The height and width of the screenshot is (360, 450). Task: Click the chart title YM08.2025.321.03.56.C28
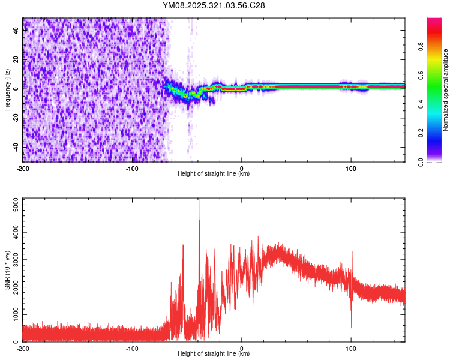pyautogui.click(x=214, y=5)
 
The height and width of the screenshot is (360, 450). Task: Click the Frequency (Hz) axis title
pyautogui.click(x=7, y=90)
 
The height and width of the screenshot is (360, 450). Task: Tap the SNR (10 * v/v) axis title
pyautogui.click(x=7, y=269)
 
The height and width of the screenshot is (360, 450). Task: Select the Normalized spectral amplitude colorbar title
pyautogui.click(x=446, y=90)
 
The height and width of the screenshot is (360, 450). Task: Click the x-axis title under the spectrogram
pyautogui.click(x=214, y=174)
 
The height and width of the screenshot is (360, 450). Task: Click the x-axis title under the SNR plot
pyautogui.click(x=214, y=353)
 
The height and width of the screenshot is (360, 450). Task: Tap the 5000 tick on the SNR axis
pyautogui.click(x=11, y=205)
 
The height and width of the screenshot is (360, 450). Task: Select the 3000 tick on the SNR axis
pyautogui.click(x=11, y=260)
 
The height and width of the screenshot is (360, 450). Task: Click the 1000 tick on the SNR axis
pyautogui.click(x=11, y=314)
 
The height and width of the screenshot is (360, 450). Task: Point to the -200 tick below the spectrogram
pyautogui.click(x=23, y=168)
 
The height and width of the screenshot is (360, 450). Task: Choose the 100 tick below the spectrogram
pyautogui.click(x=351, y=168)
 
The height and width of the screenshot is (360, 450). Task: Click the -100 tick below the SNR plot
pyautogui.click(x=132, y=348)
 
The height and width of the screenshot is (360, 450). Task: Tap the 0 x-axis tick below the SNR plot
pyautogui.click(x=242, y=348)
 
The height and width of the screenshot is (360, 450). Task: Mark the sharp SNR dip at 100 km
pyautogui.click(x=351, y=327)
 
